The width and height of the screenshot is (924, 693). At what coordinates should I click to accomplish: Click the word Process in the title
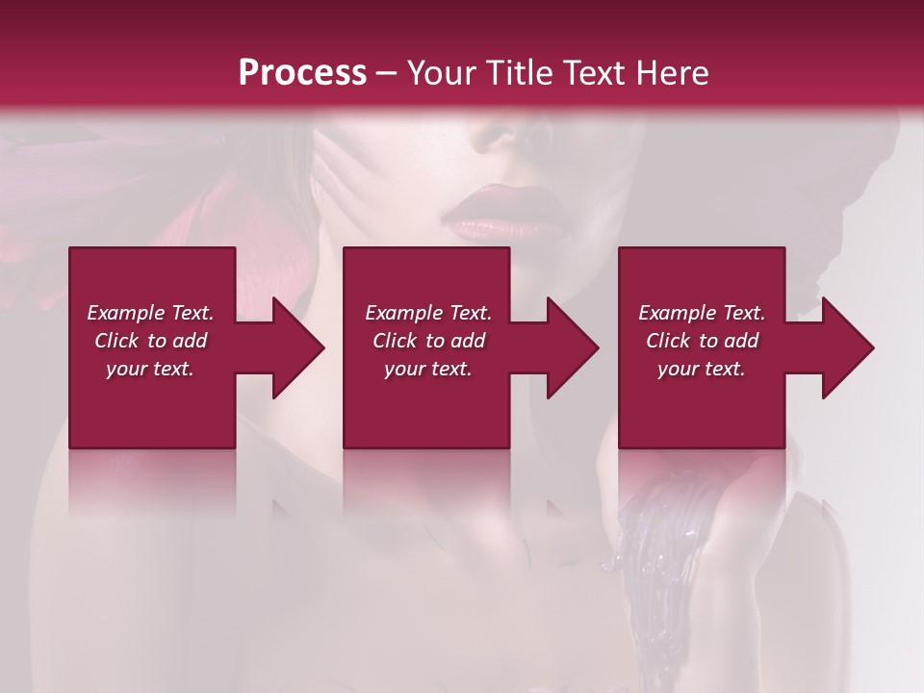click(302, 73)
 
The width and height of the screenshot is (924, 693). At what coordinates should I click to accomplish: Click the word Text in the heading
click(591, 73)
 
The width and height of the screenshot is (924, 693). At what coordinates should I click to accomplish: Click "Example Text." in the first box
click(150, 313)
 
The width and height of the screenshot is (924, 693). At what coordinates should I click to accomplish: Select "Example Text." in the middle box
click(428, 313)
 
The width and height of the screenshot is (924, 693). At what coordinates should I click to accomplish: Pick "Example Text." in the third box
click(702, 313)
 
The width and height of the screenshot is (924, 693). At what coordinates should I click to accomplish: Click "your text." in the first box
click(150, 369)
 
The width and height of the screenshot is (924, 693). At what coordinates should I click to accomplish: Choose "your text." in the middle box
click(428, 369)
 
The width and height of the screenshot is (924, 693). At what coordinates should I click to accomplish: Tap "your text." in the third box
click(702, 369)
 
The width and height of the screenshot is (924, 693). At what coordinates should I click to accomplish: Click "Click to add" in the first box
click(150, 341)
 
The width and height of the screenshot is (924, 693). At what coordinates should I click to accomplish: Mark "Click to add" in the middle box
click(428, 341)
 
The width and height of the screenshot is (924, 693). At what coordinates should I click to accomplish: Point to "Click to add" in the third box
click(702, 341)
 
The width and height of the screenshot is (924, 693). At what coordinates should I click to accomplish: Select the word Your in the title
click(438, 73)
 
